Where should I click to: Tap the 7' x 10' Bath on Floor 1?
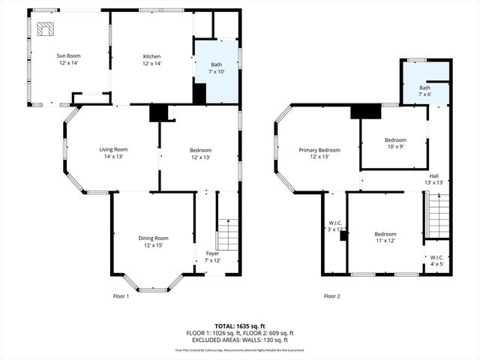tap(216, 69)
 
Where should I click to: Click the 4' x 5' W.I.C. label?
tap(436, 260)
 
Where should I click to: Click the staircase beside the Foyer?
tap(227, 235)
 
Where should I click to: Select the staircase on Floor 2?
tap(439, 214)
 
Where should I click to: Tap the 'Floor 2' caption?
tap(331, 296)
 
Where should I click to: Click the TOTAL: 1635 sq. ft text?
tap(240, 327)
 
